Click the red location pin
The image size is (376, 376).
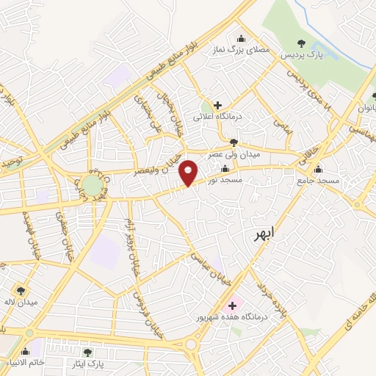click(x=189, y=172)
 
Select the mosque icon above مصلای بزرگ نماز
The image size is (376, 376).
click(x=241, y=39)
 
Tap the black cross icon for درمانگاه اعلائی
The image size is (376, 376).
click(x=217, y=105)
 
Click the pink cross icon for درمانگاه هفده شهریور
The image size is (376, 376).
click(x=234, y=305)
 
